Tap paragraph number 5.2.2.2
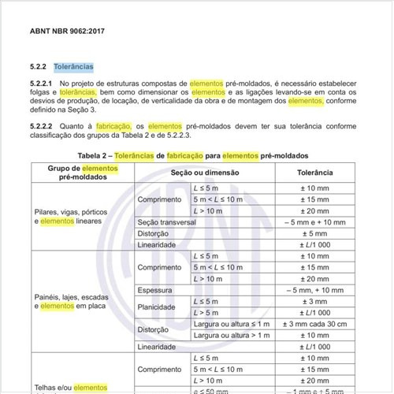point(40,125)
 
